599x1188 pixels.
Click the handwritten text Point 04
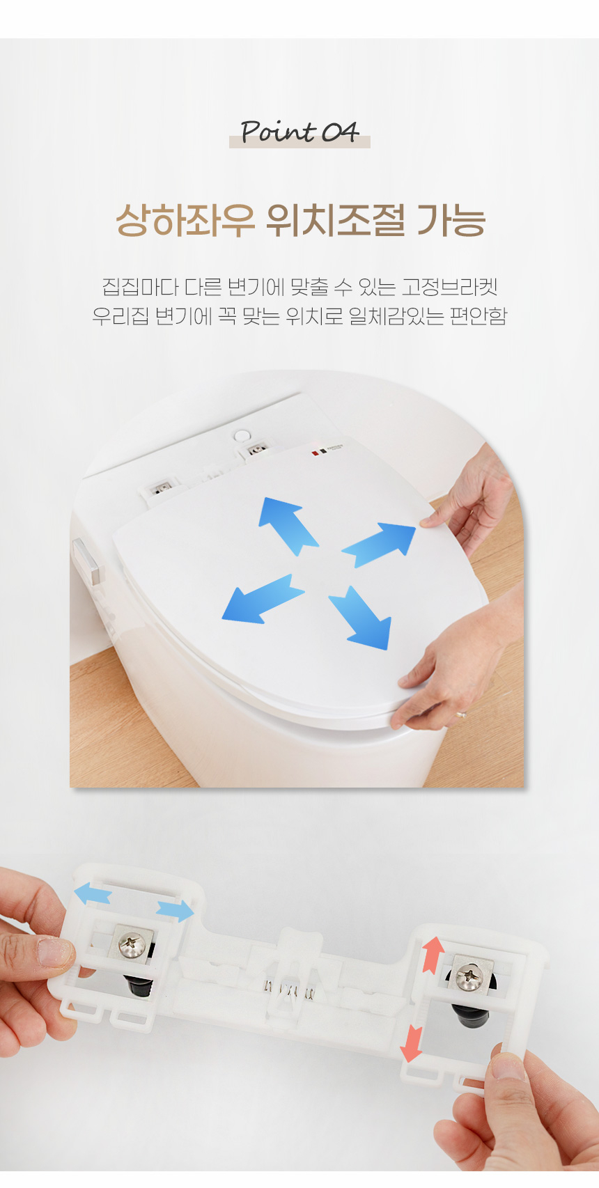pyautogui.click(x=299, y=132)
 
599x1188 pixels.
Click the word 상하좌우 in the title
pyautogui.click(x=185, y=221)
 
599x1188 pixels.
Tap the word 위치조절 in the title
pyautogui.click(x=336, y=221)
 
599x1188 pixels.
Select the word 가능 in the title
pyautogui.click(x=451, y=221)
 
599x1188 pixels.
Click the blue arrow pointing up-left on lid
pyautogui.click(x=287, y=525)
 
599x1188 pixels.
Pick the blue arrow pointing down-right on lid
pyautogui.click(x=360, y=617)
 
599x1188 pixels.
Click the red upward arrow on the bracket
pyautogui.click(x=433, y=954)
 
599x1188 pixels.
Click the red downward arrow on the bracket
pyautogui.click(x=412, y=1044)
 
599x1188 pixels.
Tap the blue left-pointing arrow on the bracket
pyautogui.click(x=92, y=893)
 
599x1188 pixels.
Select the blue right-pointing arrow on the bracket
pyautogui.click(x=176, y=910)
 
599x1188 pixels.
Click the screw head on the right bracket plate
pyautogui.click(x=467, y=976)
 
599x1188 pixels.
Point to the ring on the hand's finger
pyautogui.click(x=461, y=713)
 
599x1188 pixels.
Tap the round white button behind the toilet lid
pyautogui.click(x=242, y=435)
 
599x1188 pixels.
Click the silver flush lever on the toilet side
pyautogui.click(x=87, y=562)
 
